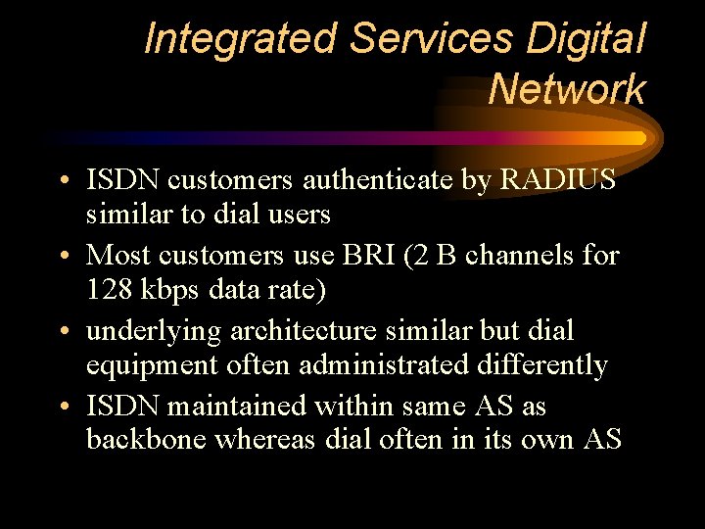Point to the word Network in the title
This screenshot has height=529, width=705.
(x=567, y=89)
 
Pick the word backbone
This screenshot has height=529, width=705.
(x=146, y=440)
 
